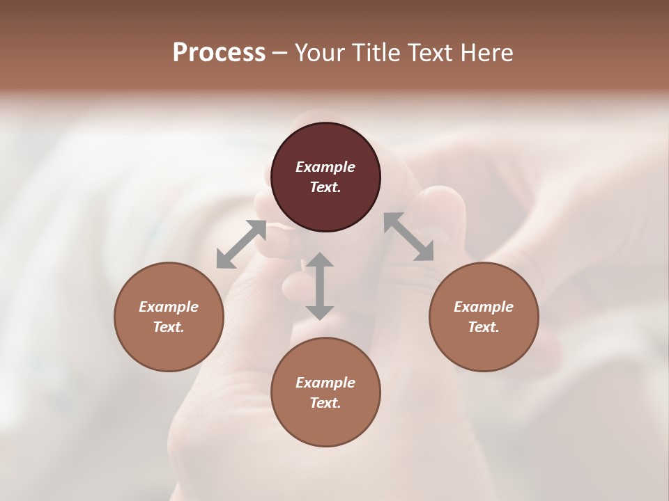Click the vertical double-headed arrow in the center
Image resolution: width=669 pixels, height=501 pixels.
320,286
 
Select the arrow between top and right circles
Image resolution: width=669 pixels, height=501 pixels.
408,237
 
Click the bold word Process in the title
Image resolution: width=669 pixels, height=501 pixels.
219,52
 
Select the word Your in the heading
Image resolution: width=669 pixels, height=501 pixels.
320,52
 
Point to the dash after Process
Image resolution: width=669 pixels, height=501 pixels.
280,53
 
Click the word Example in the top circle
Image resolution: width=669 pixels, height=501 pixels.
325,167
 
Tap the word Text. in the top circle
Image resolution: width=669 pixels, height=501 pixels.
325,187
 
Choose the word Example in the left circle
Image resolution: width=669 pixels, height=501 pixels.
169,307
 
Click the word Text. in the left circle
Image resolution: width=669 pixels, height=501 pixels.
169,327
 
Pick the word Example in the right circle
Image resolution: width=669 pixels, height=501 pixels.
484,307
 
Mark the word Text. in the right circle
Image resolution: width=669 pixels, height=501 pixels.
484,327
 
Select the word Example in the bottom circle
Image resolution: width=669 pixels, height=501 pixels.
325,383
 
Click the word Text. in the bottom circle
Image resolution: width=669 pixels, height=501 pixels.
325,403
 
